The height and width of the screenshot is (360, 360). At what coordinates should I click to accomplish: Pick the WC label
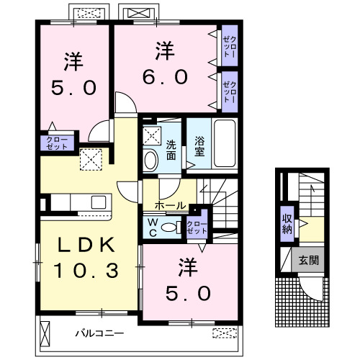153,228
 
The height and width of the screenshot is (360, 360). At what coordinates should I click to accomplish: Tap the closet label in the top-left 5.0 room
57,142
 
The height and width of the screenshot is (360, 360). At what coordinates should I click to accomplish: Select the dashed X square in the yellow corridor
91,158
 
